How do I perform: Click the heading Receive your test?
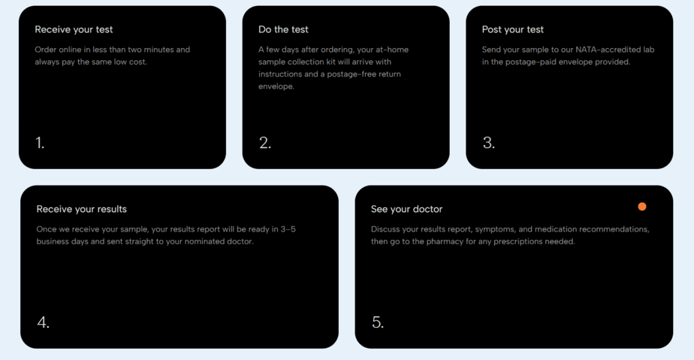click(74, 29)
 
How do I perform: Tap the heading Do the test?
click(283, 29)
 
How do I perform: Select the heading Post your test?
click(512, 29)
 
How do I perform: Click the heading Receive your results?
click(81, 209)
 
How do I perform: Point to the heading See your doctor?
click(407, 209)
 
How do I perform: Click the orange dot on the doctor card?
click(641, 207)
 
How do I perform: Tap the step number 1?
click(40, 143)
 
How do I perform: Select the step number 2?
click(265, 143)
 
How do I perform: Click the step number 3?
click(489, 143)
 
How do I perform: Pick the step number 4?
click(43, 322)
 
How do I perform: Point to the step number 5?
click(378, 322)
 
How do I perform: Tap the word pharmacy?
click(445, 242)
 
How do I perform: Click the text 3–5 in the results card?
click(288, 229)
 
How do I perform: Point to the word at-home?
click(391, 50)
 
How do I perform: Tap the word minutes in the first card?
click(158, 50)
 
